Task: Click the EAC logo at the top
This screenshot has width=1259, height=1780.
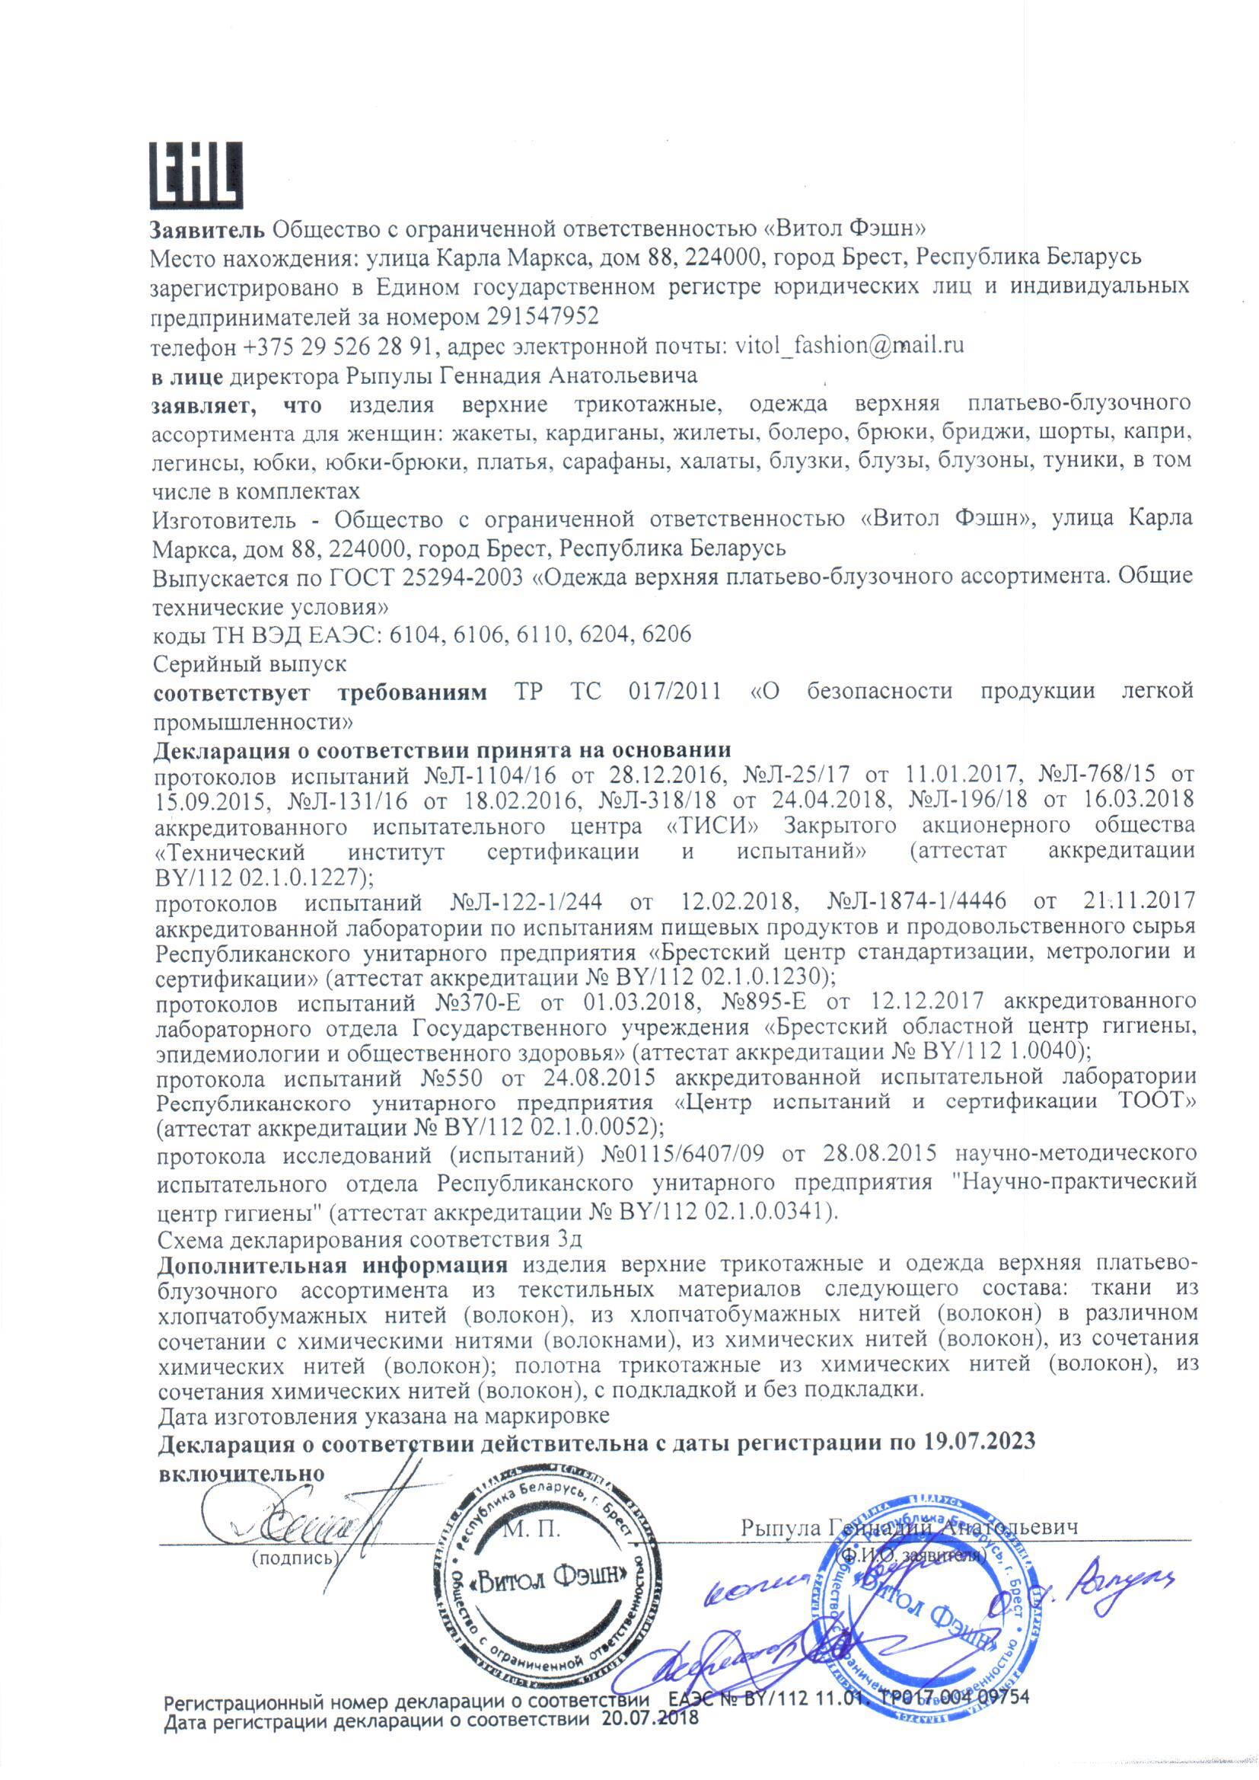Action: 196,176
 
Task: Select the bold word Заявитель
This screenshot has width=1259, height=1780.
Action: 209,228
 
